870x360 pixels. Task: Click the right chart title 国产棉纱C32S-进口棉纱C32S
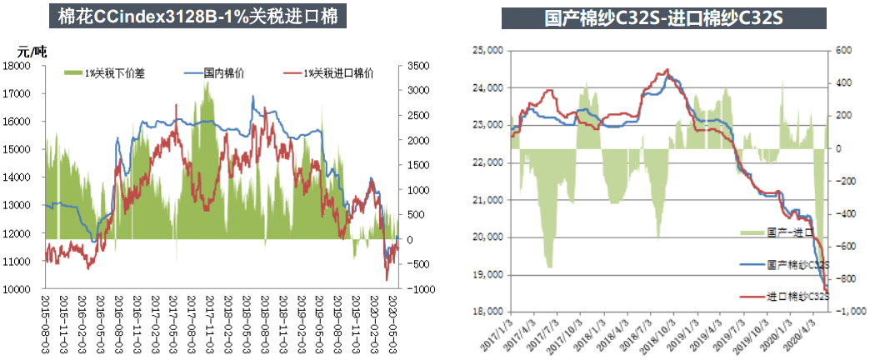tap(663, 17)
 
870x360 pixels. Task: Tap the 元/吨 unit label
tap(32, 52)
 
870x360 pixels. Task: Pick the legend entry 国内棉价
tap(223, 74)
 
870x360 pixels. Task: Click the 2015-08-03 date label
tap(47, 317)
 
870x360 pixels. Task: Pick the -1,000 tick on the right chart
tap(846, 312)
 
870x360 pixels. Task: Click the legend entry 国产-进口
tap(797, 232)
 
